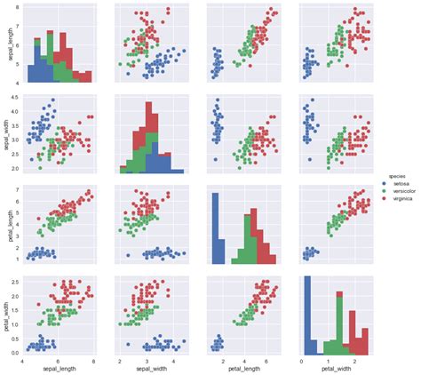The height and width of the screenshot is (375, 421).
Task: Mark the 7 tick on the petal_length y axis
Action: click(x=18, y=190)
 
